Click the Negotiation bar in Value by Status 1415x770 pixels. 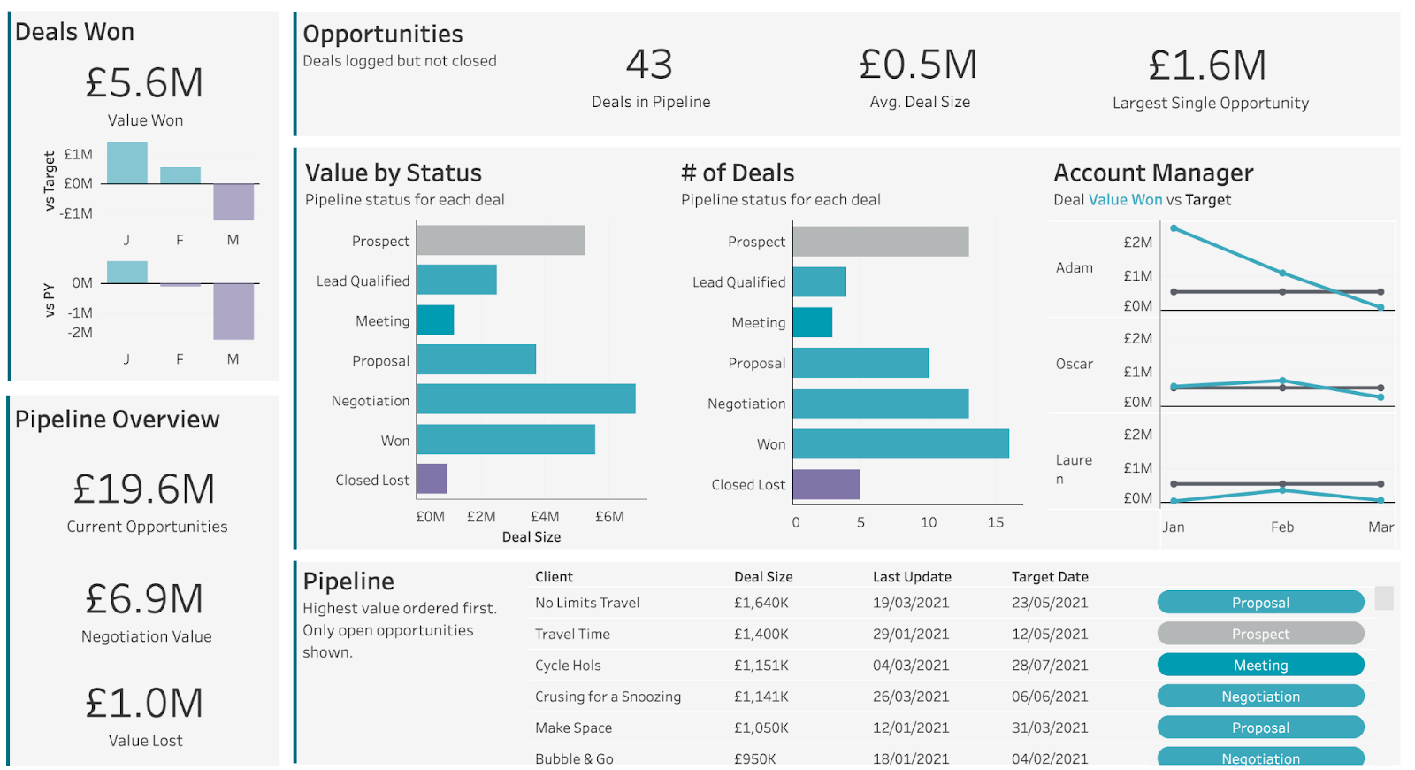(x=526, y=399)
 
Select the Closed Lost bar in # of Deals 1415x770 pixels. (x=826, y=484)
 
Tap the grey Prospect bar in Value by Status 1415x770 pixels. (x=501, y=240)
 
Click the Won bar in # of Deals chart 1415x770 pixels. (x=900, y=443)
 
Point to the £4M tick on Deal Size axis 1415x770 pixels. (x=545, y=516)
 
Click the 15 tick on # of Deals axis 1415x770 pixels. (x=996, y=522)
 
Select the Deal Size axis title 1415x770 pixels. (x=532, y=536)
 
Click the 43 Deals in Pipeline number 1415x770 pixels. (x=650, y=65)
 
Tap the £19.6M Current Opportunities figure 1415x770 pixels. (x=145, y=489)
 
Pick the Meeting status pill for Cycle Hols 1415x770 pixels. (x=1260, y=665)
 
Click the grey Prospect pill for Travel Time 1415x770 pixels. (x=1260, y=634)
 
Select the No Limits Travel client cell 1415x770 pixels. (x=587, y=603)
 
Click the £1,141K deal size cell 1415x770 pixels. (x=761, y=697)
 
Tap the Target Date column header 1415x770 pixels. (x=1050, y=576)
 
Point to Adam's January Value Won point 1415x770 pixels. (x=1174, y=228)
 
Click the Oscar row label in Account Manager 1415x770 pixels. (x=1074, y=364)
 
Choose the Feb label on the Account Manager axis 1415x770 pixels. (x=1282, y=527)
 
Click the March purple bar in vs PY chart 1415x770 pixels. (x=233, y=311)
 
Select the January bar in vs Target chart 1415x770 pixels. (x=127, y=163)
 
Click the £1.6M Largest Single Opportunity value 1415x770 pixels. (x=1208, y=65)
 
